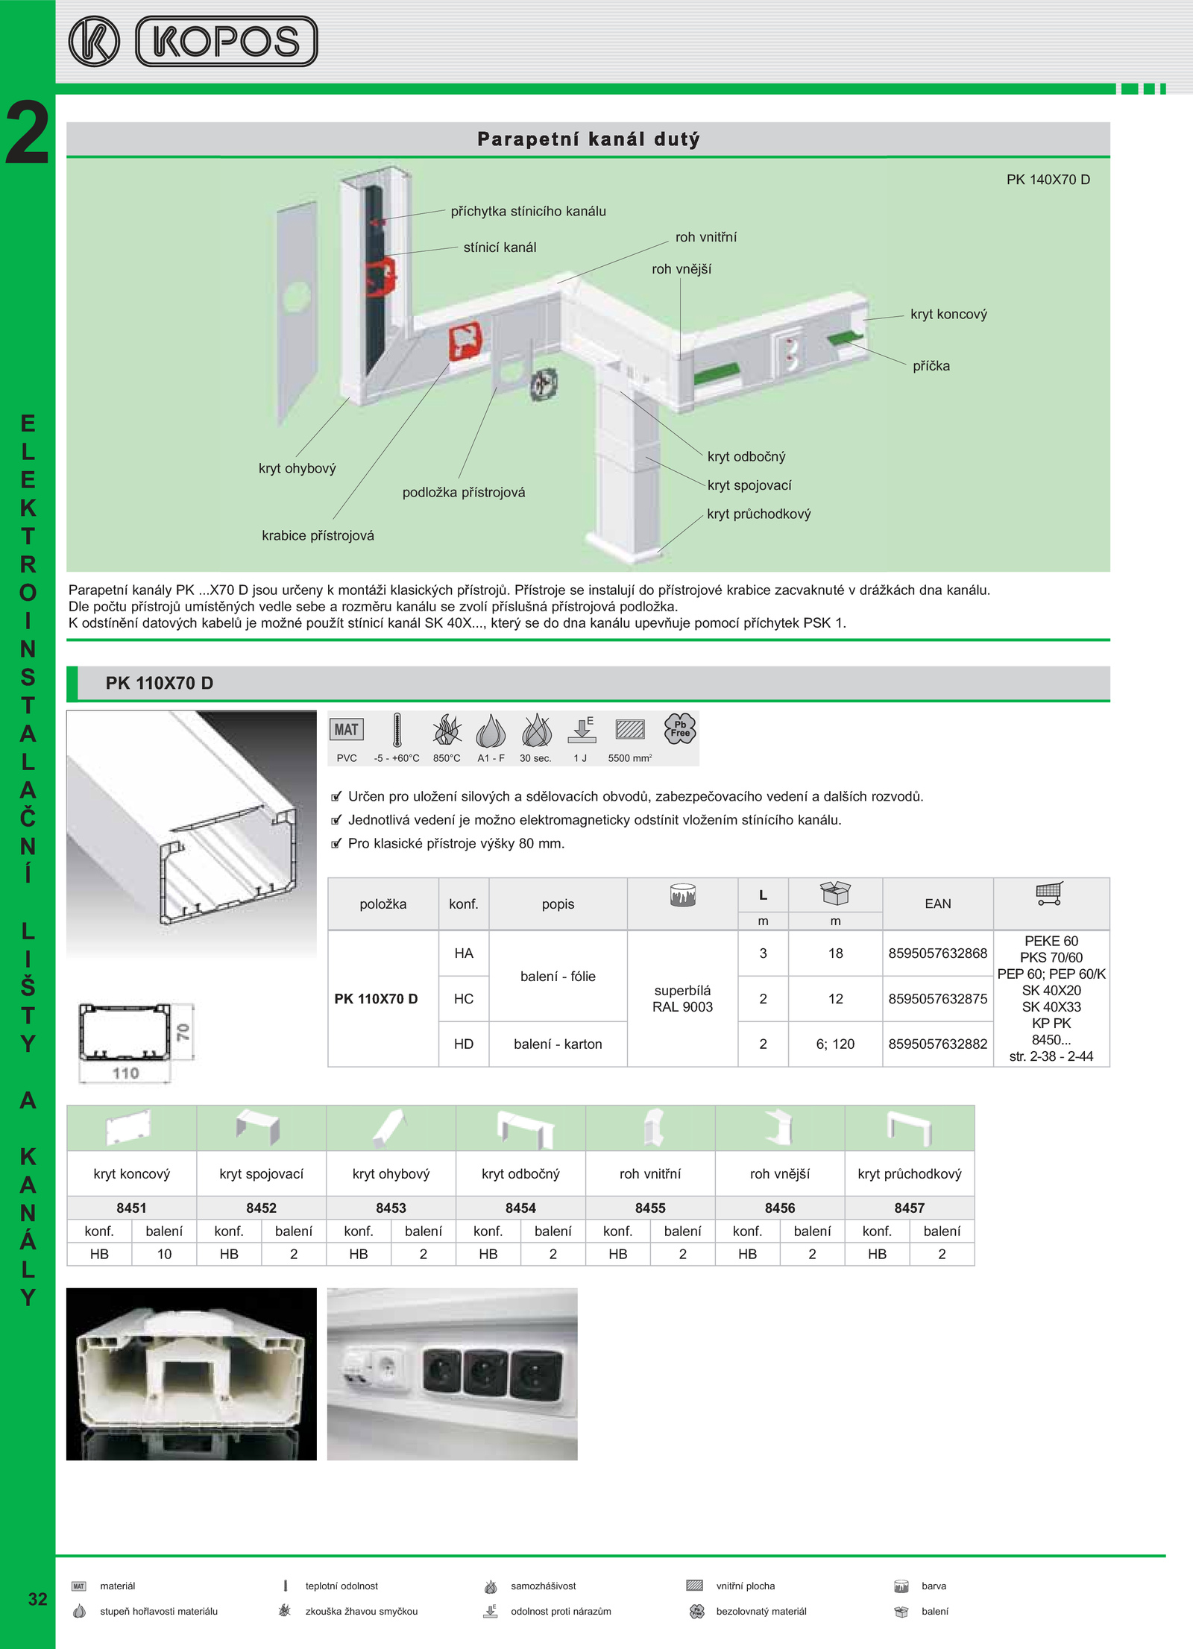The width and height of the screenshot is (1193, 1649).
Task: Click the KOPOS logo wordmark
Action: (x=227, y=42)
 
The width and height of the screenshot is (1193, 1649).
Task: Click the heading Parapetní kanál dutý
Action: (x=588, y=139)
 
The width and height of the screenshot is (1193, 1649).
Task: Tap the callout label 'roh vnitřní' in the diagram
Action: (x=705, y=237)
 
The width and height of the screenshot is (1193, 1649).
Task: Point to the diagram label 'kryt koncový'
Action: (x=948, y=315)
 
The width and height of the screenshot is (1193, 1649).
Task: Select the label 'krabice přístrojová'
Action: (x=318, y=535)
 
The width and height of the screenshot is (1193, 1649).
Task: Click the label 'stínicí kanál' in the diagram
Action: (x=500, y=247)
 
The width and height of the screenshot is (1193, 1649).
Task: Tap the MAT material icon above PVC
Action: (x=346, y=730)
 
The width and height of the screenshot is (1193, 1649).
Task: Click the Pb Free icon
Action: (x=679, y=728)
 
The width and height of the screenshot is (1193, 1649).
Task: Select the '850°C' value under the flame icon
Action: (x=447, y=758)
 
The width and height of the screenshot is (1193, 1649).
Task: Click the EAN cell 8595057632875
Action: (x=937, y=999)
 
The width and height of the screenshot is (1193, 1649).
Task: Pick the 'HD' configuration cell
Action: (x=464, y=1044)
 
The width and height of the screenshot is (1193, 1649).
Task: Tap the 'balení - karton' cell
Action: (x=558, y=1044)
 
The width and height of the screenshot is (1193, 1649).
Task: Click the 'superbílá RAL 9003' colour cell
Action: (x=682, y=999)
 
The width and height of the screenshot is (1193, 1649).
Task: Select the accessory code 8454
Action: (x=520, y=1208)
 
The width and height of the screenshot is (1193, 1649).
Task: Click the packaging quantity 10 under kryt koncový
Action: (x=164, y=1254)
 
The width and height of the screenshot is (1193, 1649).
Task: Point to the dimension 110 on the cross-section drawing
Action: (x=125, y=1073)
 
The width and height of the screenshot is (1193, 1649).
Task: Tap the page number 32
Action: (x=37, y=1599)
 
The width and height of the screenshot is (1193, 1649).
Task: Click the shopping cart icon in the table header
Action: (x=1050, y=893)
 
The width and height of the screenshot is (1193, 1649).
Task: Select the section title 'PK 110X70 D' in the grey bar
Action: (x=160, y=684)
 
